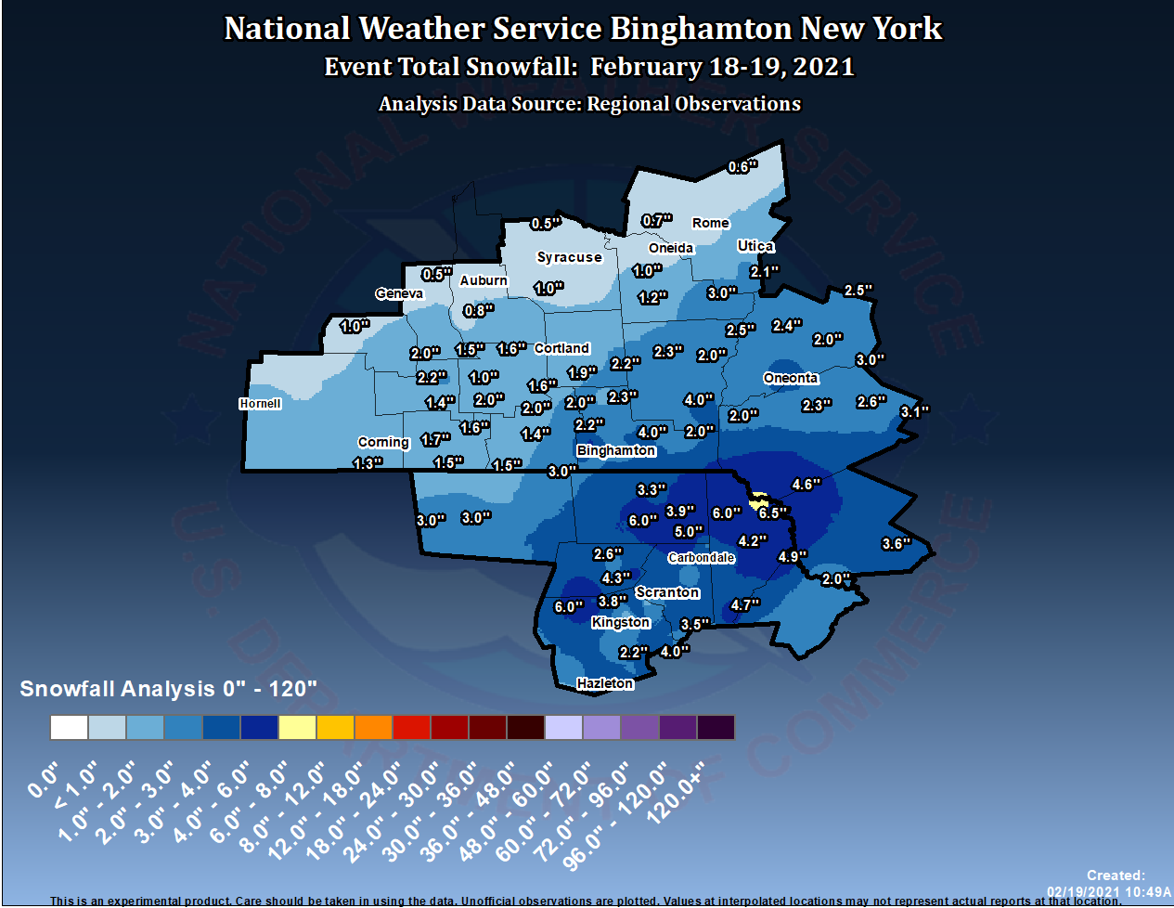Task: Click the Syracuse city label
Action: (569, 257)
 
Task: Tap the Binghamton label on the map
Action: (616, 450)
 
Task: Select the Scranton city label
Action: (667, 592)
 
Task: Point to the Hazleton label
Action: (605, 683)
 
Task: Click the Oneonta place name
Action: (791, 378)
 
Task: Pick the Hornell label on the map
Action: (260, 404)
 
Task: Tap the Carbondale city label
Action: (702, 558)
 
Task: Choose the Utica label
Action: (755, 246)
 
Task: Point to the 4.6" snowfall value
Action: (806, 485)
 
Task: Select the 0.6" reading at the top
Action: (742, 167)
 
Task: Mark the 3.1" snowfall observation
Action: (914, 412)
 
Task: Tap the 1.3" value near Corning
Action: (368, 463)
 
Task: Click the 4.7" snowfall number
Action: (745, 605)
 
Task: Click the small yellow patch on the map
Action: (759, 499)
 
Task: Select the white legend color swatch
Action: (69, 727)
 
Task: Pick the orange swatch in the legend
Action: (373, 727)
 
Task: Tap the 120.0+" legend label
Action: (676, 795)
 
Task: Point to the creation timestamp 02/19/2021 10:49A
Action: (1109, 892)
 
